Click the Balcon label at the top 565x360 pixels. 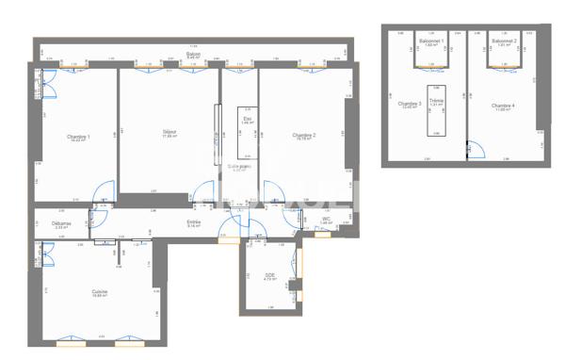193,55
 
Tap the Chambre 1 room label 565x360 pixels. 78,138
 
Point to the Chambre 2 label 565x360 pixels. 303,135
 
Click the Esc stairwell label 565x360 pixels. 248,119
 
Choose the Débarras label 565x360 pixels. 62,223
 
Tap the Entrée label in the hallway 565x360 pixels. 194,222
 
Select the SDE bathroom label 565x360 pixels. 268,275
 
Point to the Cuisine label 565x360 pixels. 99,292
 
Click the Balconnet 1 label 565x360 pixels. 432,41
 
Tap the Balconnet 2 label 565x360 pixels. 505,41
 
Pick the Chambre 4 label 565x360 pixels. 504,104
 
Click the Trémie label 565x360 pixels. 436,100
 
